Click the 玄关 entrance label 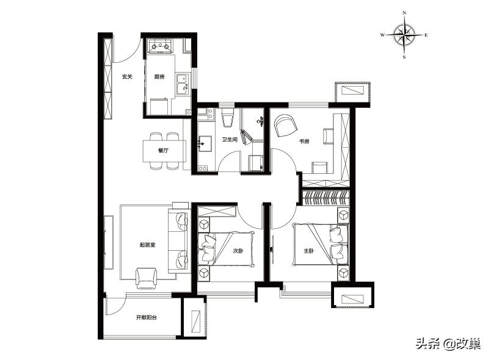point(127,77)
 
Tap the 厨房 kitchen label point(159,77)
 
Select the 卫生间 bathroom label point(230,140)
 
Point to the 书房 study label point(304,142)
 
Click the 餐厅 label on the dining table point(164,151)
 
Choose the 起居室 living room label point(147,245)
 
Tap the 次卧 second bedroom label point(238,251)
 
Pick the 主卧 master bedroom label point(308,251)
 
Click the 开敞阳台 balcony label point(147,317)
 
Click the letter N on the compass point(404,13)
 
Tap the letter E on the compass point(426,35)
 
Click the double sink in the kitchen point(182,84)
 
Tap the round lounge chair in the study point(286,126)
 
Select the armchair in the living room point(146,278)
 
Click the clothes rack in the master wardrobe point(326,198)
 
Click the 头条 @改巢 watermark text point(448,344)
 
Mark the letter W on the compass point(382,35)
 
